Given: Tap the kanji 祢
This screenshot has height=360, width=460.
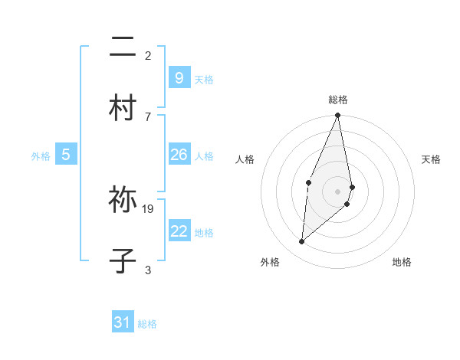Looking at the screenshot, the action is click(x=123, y=201).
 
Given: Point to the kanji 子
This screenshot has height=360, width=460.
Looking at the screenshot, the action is click(x=123, y=259).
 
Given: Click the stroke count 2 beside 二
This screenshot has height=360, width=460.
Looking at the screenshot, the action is click(x=148, y=55).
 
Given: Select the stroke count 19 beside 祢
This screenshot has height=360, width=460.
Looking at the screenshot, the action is click(x=149, y=208).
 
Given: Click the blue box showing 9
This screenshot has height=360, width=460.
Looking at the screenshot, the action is click(x=179, y=77).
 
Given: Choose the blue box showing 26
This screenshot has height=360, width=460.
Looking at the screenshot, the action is click(x=179, y=155).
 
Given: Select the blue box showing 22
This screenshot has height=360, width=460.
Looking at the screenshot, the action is click(x=179, y=231).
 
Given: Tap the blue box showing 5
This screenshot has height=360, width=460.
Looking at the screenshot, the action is click(x=66, y=155).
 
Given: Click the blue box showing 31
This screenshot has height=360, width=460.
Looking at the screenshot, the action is click(x=123, y=322).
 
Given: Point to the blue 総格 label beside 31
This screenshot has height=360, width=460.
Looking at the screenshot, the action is click(x=147, y=324).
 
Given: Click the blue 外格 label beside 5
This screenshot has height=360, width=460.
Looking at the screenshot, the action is click(x=41, y=156).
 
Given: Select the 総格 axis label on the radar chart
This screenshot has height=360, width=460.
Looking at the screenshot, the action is click(x=337, y=100).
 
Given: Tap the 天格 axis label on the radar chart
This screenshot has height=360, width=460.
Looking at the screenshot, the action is click(x=431, y=159).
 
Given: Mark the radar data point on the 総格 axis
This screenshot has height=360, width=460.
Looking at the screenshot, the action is click(x=337, y=116).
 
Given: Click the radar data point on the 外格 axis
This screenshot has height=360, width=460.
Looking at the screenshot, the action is click(x=302, y=242).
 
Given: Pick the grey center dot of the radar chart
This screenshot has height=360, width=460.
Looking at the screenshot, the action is click(x=337, y=191).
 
